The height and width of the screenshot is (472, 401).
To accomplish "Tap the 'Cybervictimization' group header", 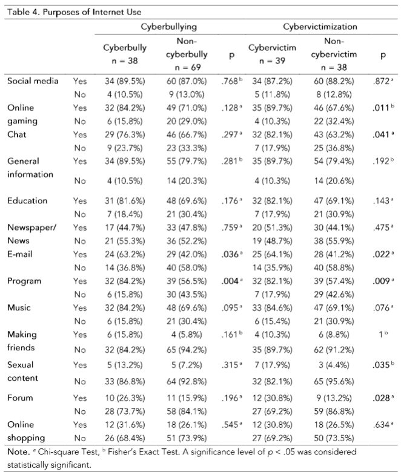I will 319,27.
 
